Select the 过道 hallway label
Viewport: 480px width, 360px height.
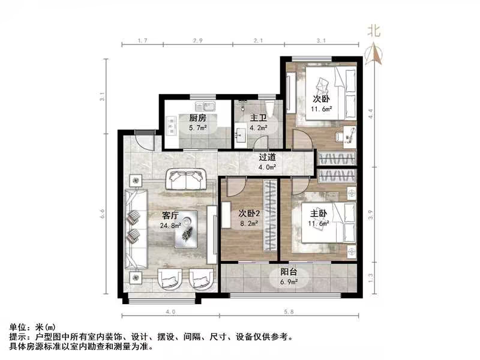267,157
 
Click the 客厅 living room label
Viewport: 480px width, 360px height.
170,215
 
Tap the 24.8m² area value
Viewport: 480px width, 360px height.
171,226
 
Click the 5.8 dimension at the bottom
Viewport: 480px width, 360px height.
290,311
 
